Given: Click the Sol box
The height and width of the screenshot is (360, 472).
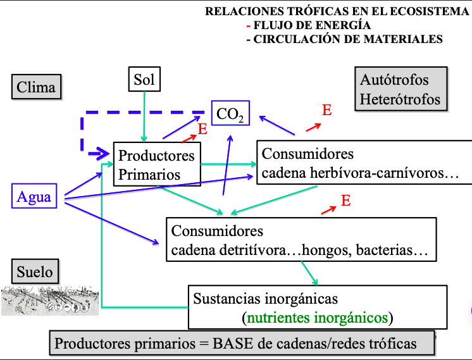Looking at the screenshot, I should pos(144,79).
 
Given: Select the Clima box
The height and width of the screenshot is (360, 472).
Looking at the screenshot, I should pos(36,87).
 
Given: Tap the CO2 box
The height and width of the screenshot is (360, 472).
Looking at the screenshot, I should pos(230,113).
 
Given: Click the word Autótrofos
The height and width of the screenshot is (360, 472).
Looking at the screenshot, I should pos(394,80).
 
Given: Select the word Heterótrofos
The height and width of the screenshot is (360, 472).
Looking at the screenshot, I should pos(400,99).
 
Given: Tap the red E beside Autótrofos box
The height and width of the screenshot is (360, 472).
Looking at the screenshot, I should pos(326,110).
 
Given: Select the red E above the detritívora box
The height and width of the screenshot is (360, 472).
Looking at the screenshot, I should pos(345,201).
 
